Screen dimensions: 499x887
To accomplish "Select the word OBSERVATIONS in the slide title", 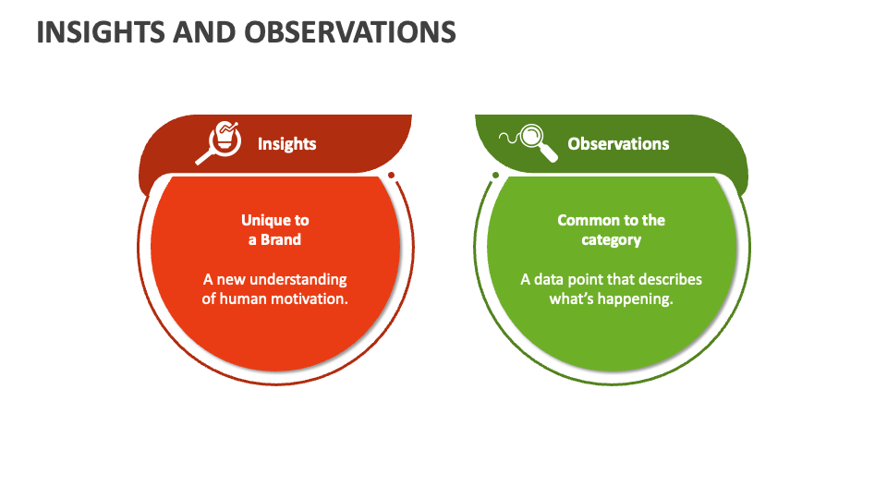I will (350, 32).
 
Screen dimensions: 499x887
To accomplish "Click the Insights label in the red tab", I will (286, 144).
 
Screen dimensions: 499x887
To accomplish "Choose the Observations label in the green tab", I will (618, 144).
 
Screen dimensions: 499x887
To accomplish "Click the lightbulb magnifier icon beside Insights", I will (220, 142).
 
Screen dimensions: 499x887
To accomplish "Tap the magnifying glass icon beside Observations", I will (530, 142).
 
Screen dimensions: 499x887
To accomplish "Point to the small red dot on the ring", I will (392, 175).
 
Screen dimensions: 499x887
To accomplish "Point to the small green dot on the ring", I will (495, 175).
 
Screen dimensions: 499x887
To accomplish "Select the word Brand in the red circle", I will (281, 239).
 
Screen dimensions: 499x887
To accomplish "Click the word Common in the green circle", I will (586, 220).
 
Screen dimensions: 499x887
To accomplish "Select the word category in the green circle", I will (611, 240).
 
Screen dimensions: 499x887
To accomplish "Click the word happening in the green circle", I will (638, 299).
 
